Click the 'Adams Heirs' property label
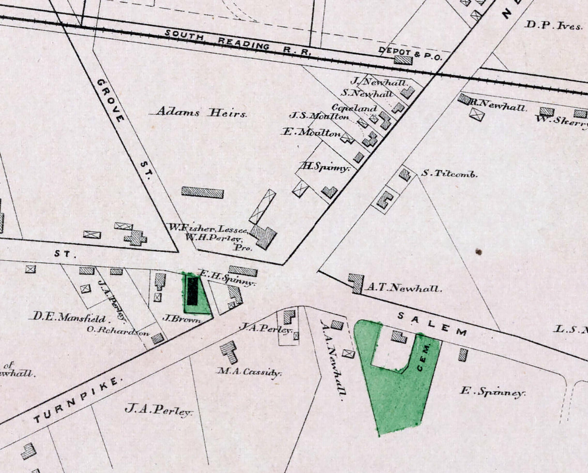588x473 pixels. (x=201, y=113)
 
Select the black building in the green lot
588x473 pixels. (x=193, y=291)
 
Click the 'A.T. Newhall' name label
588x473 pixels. (x=403, y=288)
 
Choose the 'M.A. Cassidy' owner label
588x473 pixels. (x=249, y=372)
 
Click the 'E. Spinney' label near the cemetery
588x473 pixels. (x=492, y=392)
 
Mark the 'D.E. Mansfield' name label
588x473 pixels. (x=70, y=318)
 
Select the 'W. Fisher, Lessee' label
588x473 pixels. (x=208, y=228)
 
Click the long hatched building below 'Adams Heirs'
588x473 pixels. (x=202, y=192)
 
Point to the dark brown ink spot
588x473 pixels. (x=479, y=252)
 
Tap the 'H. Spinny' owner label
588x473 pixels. (x=325, y=167)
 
